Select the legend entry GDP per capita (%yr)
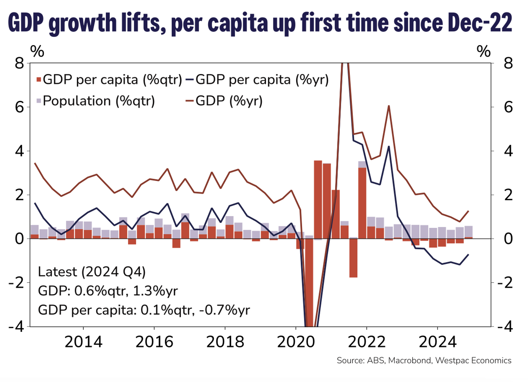[262, 80]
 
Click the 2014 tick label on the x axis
[83, 342]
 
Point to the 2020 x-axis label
[296, 342]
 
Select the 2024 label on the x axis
[438, 342]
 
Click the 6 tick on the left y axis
[19, 107]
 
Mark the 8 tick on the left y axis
[19, 63]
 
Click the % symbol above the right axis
[484, 51]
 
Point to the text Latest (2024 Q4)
[92, 272]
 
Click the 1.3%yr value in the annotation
[155, 291]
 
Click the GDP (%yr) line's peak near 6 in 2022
[389, 106]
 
